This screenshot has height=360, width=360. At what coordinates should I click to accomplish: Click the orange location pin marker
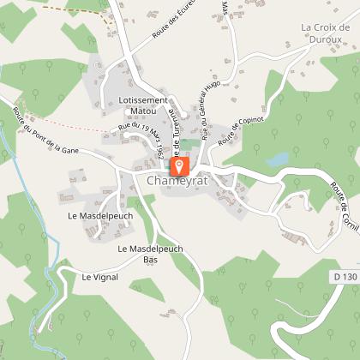pyautogui.click(x=180, y=165)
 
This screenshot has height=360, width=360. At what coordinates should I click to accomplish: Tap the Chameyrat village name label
pyautogui.click(x=179, y=182)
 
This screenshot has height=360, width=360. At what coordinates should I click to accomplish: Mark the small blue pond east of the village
pyautogui.click(x=277, y=159)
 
